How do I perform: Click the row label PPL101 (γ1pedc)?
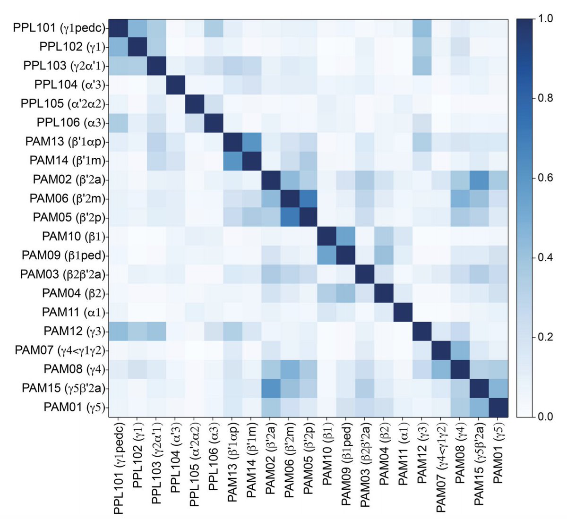coord(59,28)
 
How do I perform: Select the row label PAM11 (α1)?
coord(74,312)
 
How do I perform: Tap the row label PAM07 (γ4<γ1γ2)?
coord(60,350)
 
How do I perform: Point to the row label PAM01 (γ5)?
coord(74,407)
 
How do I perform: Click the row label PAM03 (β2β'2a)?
coord(63,274)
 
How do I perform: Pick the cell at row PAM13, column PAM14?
coord(251,142)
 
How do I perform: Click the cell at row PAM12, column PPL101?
coord(119,332)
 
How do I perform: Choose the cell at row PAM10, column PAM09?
coord(346,237)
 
